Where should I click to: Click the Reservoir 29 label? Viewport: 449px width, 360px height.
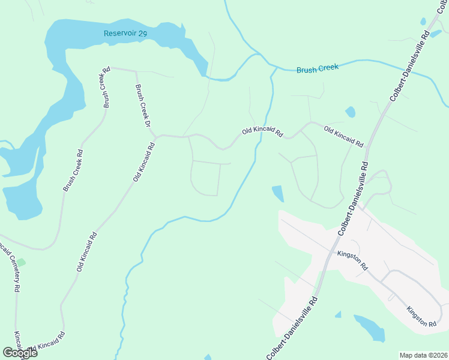point(125,34)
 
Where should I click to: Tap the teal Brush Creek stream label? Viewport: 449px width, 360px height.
point(318,69)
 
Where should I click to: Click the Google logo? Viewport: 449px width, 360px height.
point(19,353)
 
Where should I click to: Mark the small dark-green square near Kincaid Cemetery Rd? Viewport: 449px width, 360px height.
point(21,263)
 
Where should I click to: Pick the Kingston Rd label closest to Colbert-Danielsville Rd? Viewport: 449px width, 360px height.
point(352,260)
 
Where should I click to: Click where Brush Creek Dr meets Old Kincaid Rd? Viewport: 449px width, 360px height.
point(155,137)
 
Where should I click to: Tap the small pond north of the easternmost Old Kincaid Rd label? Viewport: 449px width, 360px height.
point(350,112)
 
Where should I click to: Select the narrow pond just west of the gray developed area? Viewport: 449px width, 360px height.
point(278,194)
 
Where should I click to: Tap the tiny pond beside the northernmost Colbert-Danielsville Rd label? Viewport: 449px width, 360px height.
point(423,22)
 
